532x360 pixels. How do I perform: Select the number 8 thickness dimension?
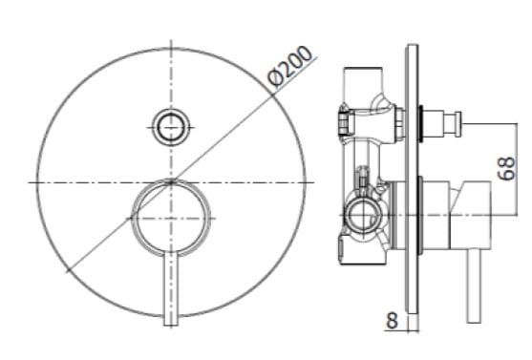coord(392,321)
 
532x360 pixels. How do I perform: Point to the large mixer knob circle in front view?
coord(172,218)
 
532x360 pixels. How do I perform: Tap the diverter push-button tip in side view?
coord(457,122)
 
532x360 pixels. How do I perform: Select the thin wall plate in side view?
coord(411,181)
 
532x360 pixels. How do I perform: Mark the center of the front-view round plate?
coord(172,180)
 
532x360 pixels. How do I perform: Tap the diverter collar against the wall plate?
coord(426,121)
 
